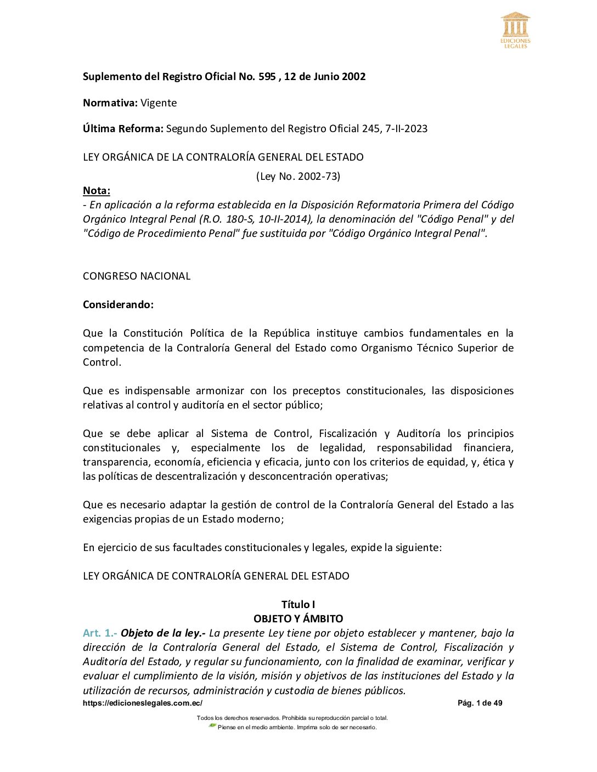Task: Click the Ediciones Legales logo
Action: point(515,30)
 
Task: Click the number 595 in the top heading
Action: point(267,77)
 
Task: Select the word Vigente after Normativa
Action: point(159,103)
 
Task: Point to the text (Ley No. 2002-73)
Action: point(298,177)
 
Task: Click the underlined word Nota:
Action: point(97,191)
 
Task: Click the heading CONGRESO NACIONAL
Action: point(137,276)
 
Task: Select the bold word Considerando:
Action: point(118,305)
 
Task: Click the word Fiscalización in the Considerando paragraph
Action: point(348,434)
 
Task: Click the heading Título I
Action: point(298,605)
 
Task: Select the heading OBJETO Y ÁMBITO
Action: point(298,619)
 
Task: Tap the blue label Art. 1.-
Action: point(100,633)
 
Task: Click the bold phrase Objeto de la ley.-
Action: point(163,633)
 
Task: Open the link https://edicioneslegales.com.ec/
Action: point(143,703)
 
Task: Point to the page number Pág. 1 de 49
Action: point(480,703)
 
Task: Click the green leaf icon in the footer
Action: point(212,726)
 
